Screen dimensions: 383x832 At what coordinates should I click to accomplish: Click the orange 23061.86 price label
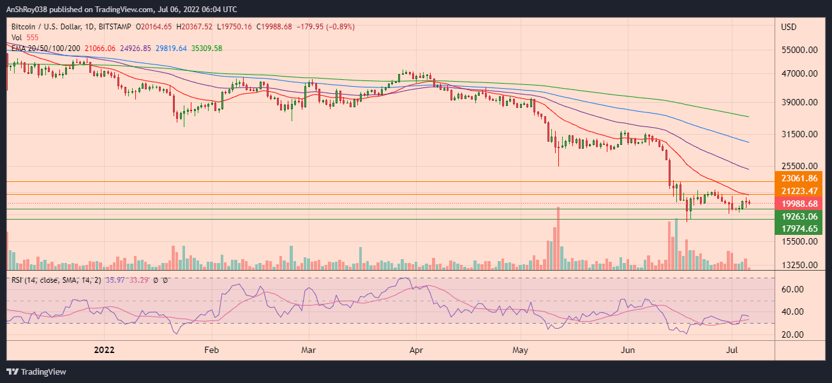[x=794, y=178]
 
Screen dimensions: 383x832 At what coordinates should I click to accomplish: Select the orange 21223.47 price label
[x=794, y=191]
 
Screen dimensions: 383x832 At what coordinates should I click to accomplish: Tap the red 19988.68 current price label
[x=794, y=204]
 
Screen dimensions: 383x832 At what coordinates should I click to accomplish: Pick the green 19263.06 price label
[x=794, y=216]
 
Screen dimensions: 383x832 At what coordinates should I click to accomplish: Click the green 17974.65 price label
[x=794, y=229]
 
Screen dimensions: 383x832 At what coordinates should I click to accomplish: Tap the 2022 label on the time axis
[x=104, y=350]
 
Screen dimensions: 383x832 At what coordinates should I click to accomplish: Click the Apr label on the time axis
[x=416, y=350]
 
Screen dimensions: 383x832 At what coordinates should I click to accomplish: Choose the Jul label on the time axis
[x=732, y=350]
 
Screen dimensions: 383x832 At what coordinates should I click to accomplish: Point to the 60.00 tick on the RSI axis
[x=792, y=289]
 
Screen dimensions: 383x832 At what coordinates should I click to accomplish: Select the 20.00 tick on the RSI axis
[x=792, y=334]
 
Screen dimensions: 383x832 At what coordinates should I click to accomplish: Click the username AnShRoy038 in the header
[x=28, y=10]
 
